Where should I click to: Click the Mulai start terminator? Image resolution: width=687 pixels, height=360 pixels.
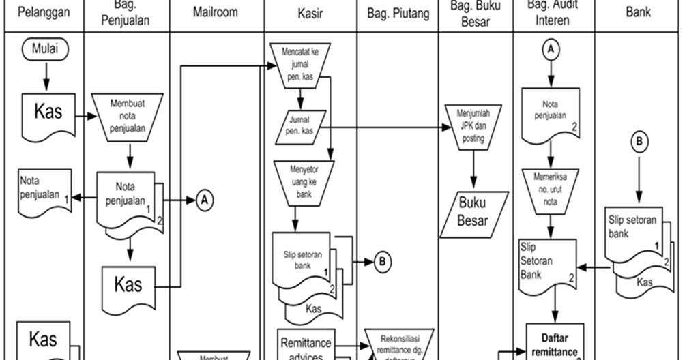coord(45,49)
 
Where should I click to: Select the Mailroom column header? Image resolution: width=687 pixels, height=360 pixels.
coord(216,12)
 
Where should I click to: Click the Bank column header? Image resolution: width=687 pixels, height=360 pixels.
coord(638,12)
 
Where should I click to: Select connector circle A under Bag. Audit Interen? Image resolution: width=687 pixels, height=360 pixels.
coord(551,50)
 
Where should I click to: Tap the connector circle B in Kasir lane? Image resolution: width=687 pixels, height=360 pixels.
coord(383,261)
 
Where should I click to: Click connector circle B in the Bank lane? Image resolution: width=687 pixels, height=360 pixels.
coord(639,142)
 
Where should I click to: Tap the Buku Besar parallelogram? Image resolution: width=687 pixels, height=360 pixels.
coord(473,212)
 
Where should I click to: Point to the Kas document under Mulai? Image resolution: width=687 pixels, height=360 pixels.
coord(47,112)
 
